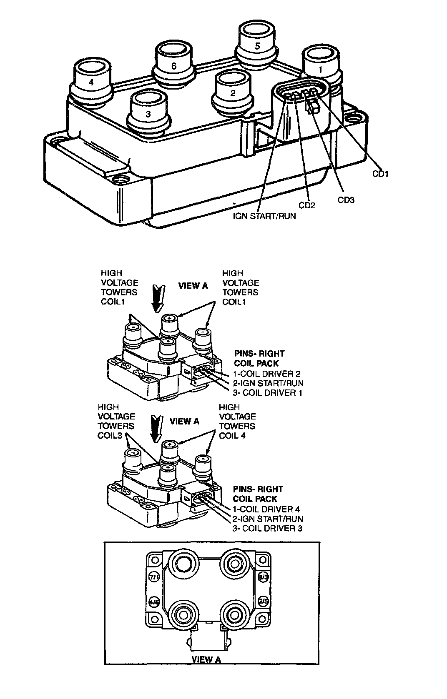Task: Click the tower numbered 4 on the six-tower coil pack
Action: pos(92,81)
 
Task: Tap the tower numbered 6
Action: pos(173,65)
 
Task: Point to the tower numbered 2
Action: pos(232,92)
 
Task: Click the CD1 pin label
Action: pos(380,174)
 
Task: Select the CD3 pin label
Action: pos(346,200)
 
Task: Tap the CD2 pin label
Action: pos(306,205)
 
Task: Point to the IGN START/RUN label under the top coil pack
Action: pos(264,216)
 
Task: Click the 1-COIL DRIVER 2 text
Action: pos(266,374)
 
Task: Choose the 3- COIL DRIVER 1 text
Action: pos(267,393)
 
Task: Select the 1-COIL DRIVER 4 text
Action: pos(266,509)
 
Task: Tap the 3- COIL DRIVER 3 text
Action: pos(267,528)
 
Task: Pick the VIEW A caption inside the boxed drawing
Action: pos(206,659)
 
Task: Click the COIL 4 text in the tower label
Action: pos(232,435)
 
